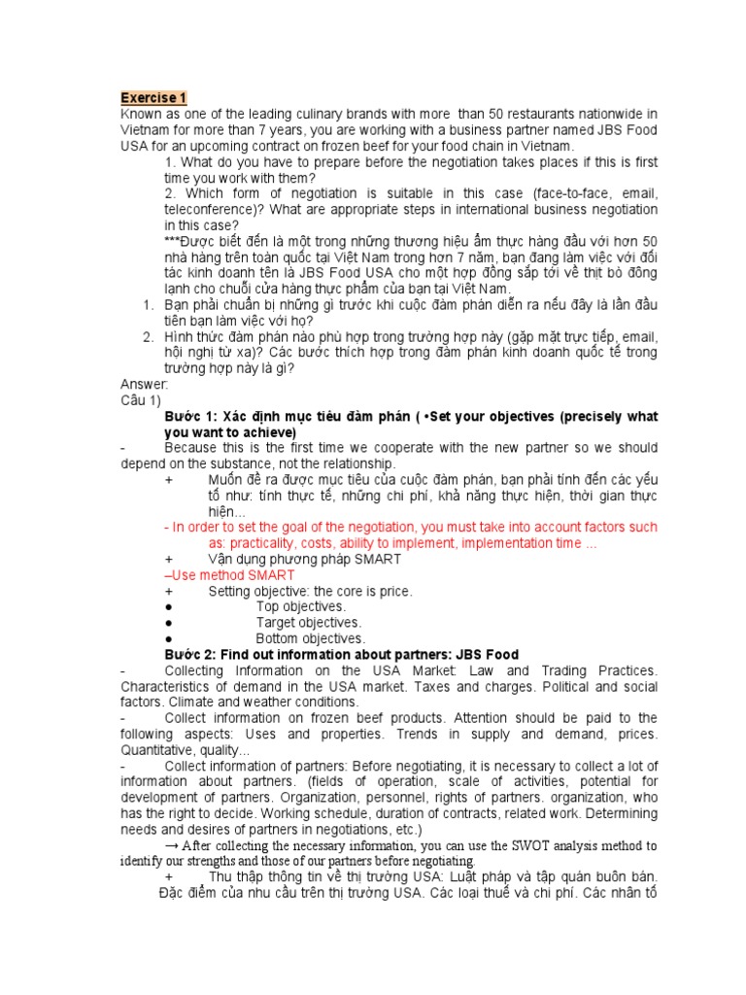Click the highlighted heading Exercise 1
click(153, 98)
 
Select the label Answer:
click(145, 385)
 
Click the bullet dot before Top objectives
click(170, 606)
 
